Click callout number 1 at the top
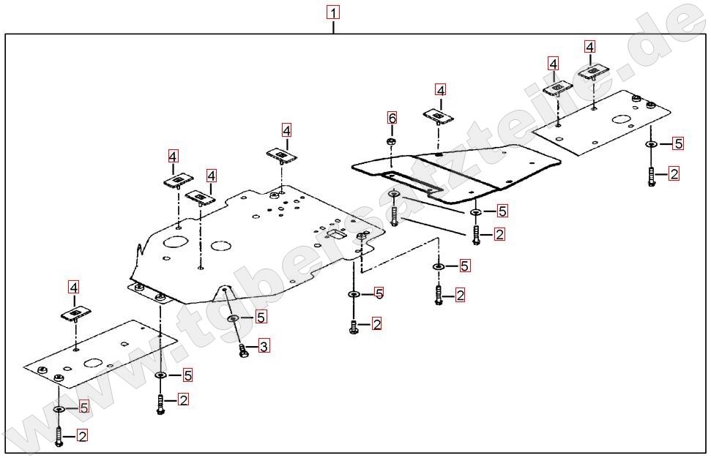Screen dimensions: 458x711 (333, 13)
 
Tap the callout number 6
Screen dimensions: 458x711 (392, 118)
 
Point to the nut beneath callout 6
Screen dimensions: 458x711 (392, 140)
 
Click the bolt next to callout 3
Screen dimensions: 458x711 (244, 350)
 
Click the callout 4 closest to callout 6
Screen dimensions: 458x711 (439, 90)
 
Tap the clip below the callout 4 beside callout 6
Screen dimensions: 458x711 (438, 116)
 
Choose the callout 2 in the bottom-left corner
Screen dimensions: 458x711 (82, 436)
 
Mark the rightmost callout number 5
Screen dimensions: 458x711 (678, 143)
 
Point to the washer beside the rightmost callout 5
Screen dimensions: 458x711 (651, 145)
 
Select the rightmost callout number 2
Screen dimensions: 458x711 (674, 173)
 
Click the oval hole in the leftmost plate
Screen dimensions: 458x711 (93, 362)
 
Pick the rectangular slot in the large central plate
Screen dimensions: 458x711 (337, 234)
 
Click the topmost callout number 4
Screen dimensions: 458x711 (590, 47)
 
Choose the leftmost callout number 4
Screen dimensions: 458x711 (73, 287)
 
